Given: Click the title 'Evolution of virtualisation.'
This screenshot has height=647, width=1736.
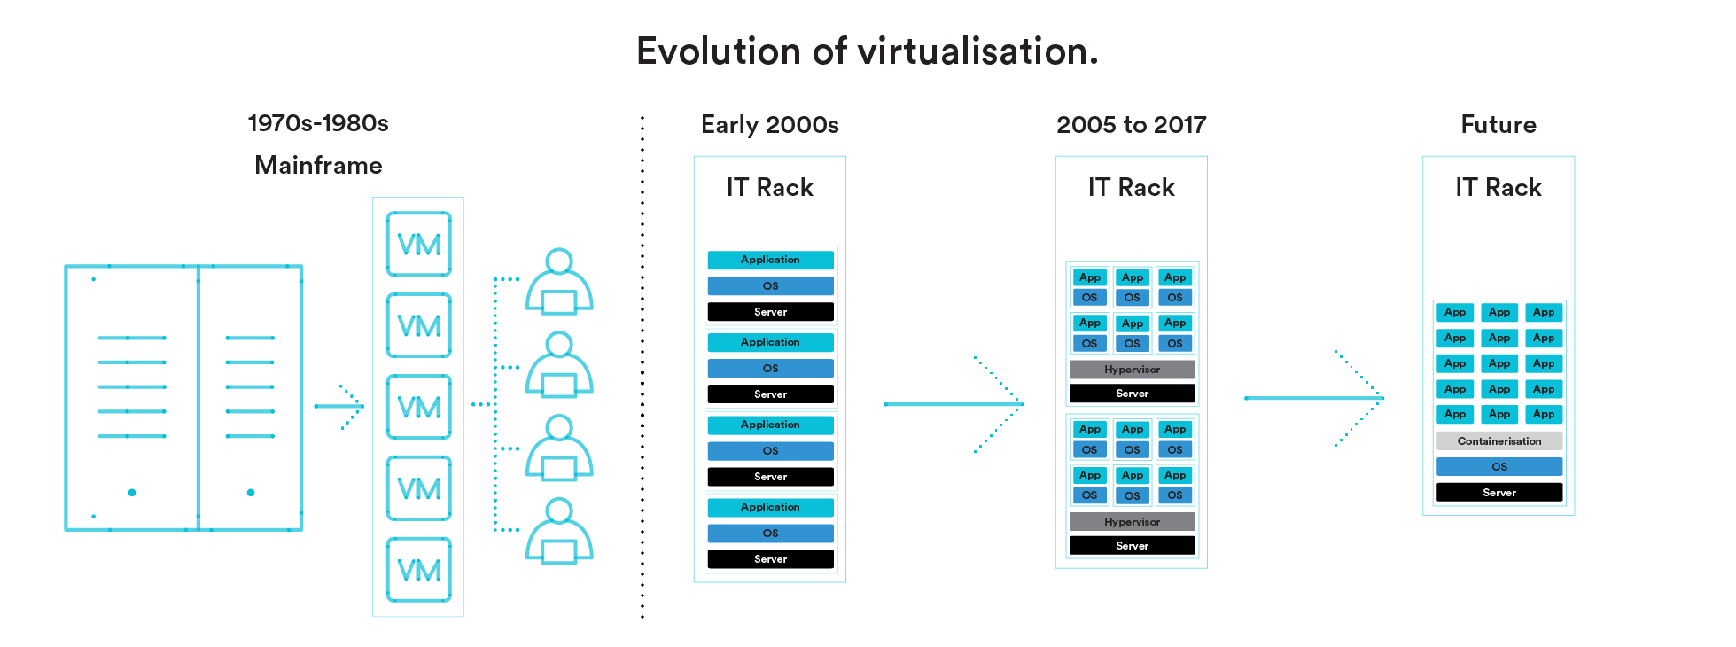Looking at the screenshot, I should click(x=867, y=51).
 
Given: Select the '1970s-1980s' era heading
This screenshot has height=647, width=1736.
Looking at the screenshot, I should click(x=318, y=123).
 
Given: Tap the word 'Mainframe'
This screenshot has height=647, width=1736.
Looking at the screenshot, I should click(x=318, y=166).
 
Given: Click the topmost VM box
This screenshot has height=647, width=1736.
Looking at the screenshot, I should click(x=419, y=244).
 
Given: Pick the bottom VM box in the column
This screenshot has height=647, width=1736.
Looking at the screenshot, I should click(x=419, y=570).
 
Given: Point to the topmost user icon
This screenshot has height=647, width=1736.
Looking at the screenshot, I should click(x=559, y=282).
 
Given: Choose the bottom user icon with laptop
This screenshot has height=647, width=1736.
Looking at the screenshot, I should click(x=559, y=532).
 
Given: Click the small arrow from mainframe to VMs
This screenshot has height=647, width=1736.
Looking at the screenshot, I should click(x=340, y=407).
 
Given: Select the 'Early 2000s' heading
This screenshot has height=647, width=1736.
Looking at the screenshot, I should click(x=769, y=125).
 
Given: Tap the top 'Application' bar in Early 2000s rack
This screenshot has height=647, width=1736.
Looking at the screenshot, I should click(x=770, y=260).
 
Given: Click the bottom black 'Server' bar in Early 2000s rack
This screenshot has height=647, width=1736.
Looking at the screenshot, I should click(x=770, y=559).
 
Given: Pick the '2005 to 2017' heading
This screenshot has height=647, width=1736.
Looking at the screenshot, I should click(x=1131, y=125).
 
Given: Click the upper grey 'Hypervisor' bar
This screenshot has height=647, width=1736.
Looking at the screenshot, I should click(x=1132, y=370).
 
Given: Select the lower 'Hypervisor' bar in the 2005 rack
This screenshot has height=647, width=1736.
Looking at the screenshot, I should click(x=1132, y=522).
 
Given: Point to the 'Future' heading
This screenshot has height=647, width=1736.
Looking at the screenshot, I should click(x=1499, y=125).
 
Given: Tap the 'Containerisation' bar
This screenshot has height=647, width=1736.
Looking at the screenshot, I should click(x=1499, y=441).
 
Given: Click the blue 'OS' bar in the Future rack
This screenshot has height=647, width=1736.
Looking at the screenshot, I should click(x=1499, y=467).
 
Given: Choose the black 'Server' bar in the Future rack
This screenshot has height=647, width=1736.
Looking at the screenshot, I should click(x=1499, y=493).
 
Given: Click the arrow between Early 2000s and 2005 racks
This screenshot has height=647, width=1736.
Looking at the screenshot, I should click(x=954, y=404).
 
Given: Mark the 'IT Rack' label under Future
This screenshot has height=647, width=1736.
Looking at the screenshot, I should click(x=1499, y=188).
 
